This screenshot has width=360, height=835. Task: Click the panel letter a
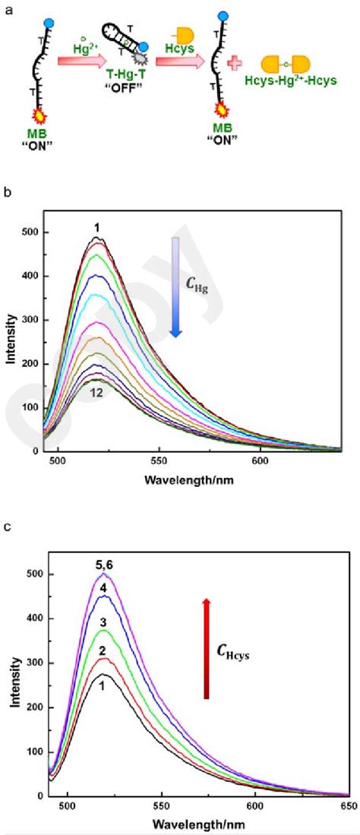tap(7, 7)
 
